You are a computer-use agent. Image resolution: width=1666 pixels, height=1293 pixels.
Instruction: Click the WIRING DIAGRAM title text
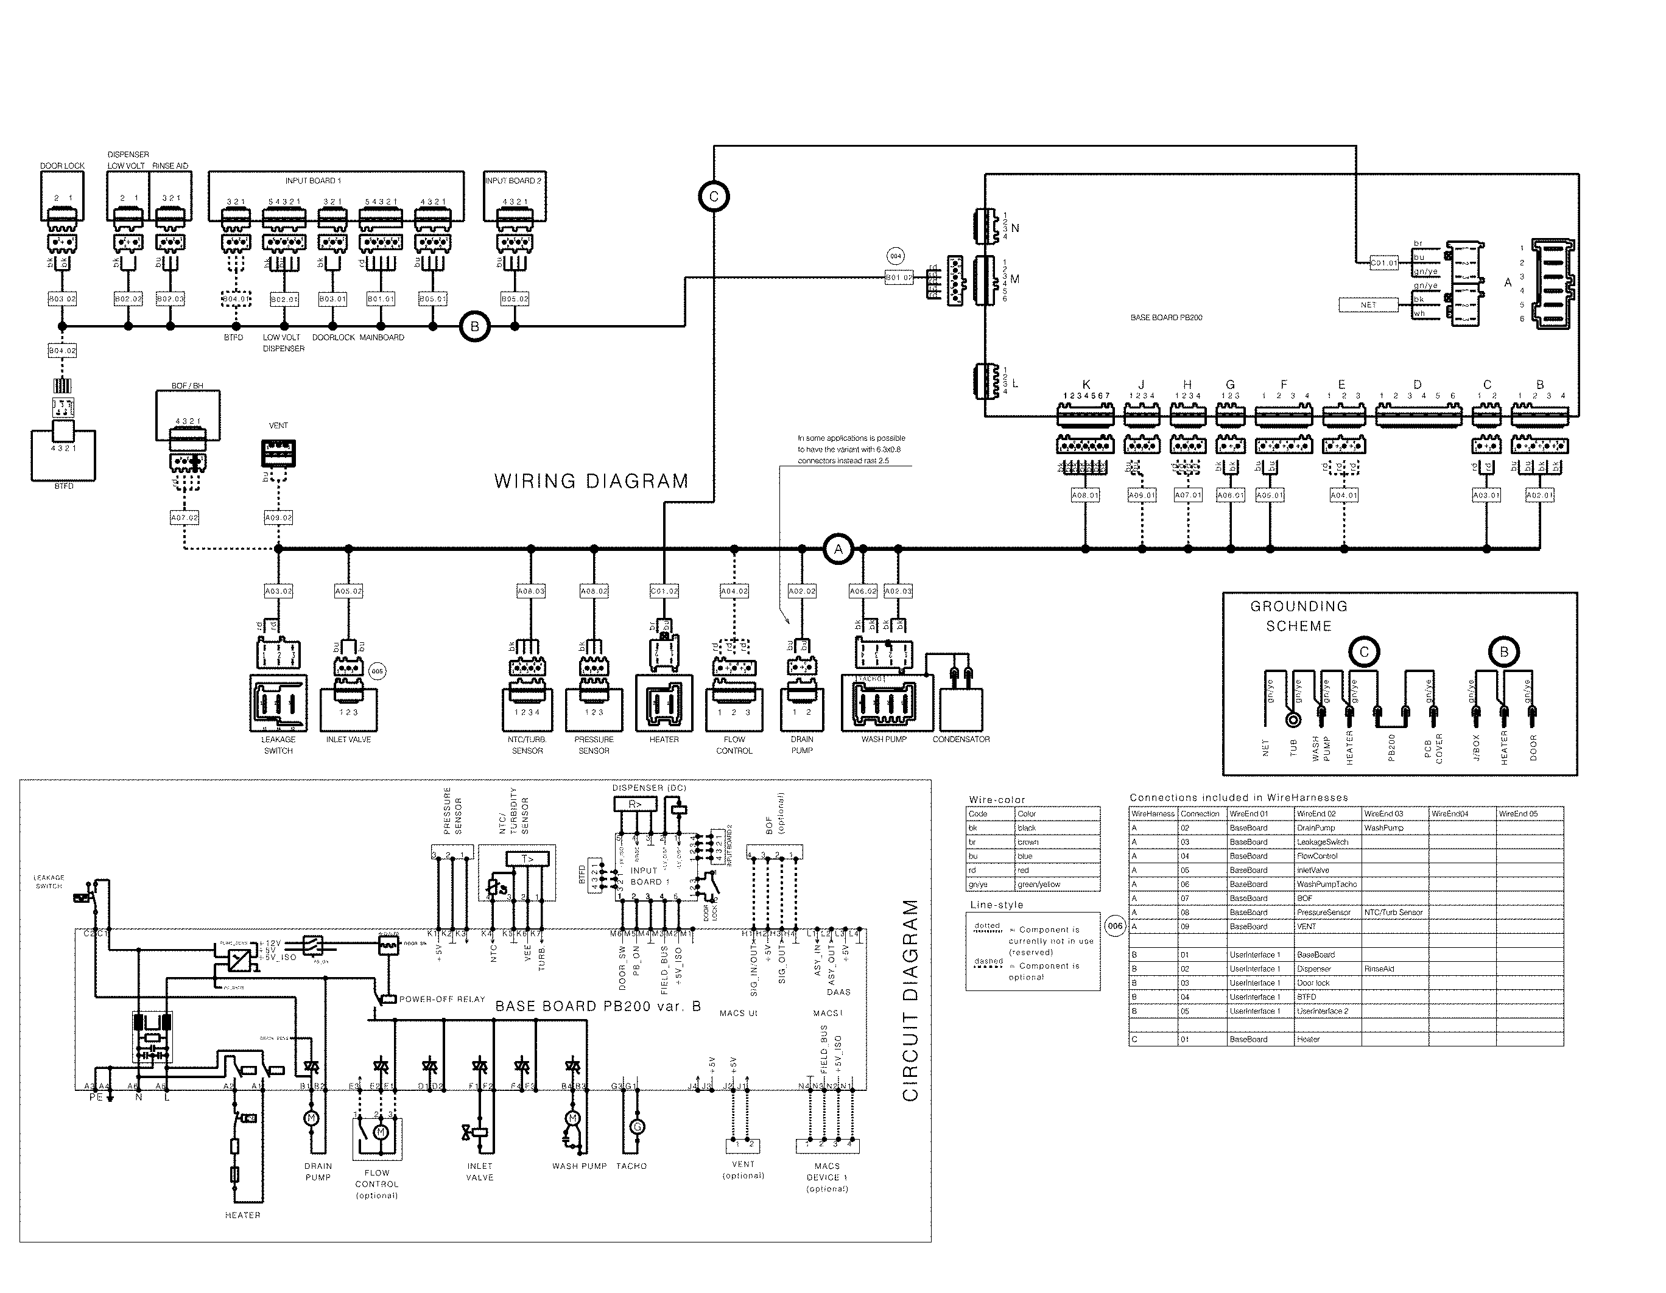[x=591, y=482]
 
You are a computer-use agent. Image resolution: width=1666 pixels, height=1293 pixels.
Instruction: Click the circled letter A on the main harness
[x=838, y=548]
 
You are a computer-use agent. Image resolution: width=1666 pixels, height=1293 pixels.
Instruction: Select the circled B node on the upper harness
[x=474, y=326]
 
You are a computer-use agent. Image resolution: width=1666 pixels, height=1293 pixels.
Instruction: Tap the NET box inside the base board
[x=1368, y=304]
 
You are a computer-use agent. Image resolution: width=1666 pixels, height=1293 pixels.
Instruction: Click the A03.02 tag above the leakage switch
[x=278, y=591]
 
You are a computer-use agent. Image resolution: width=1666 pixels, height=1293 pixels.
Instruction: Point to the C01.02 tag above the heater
[x=664, y=591]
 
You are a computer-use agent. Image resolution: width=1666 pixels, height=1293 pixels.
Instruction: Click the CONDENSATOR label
[x=961, y=739]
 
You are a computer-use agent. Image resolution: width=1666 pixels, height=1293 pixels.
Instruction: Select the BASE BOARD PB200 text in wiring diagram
[x=1165, y=317]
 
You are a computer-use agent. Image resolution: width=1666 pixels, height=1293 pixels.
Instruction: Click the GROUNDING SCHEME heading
[x=1298, y=617]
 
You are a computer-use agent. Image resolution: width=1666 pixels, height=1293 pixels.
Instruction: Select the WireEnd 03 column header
[x=1383, y=814]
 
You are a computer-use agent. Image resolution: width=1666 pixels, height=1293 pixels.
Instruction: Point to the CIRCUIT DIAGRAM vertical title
[x=910, y=1000]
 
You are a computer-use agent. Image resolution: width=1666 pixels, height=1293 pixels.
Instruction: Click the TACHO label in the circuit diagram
[x=631, y=1166]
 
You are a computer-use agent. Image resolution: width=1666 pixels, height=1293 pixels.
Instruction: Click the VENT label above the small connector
[x=278, y=426]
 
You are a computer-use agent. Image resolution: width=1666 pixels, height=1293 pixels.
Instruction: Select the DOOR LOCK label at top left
[x=63, y=166]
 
